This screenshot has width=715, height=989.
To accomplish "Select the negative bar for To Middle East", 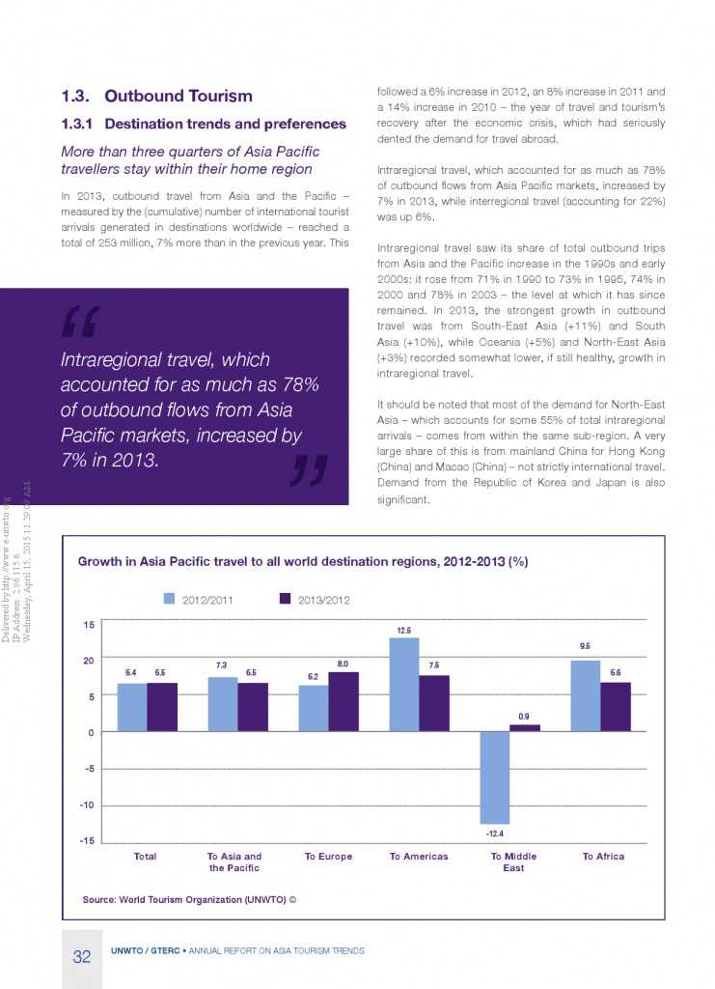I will pos(495,777).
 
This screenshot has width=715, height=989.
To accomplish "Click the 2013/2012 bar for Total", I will pos(161,707).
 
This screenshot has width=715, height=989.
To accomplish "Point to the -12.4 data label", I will pos(495,833).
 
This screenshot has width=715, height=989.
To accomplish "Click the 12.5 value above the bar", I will pos(403,629).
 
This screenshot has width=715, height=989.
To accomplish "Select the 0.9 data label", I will pos(524,716).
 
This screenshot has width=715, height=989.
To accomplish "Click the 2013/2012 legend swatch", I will pos(285,599).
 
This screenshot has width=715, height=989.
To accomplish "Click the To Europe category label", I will pos(328,857).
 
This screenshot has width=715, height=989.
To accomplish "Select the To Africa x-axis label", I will pos(603,857).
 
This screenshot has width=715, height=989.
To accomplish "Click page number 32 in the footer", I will pos(82,956).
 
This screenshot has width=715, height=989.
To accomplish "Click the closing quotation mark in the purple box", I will pos(308,469).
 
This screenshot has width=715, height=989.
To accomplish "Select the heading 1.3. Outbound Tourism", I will pos(156,96).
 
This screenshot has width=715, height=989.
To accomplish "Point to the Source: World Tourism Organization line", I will pos(189,899).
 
